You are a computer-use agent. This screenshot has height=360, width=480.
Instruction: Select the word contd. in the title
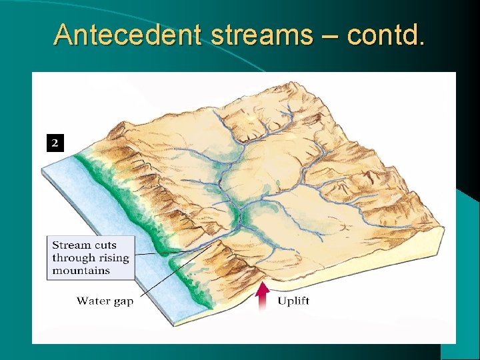pyautogui.click(x=385, y=34)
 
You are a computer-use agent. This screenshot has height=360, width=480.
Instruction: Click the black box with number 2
pyautogui.click(x=55, y=142)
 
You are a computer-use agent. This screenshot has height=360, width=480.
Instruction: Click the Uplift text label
pyautogui.click(x=293, y=301)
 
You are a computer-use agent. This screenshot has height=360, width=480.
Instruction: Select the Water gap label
pyautogui.click(x=105, y=301)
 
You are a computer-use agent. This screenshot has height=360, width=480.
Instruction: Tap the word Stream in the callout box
pyautogui.click(x=70, y=245)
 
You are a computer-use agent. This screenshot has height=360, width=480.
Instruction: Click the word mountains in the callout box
pyautogui.click(x=81, y=270)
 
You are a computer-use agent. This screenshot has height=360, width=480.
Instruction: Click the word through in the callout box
pyautogui.click(x=73, y=258)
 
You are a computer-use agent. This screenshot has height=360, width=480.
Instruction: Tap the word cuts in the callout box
pyautogui.click(x=103, y=245)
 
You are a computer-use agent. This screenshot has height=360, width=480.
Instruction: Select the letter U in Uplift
pyautogui.click(x=282, y=301)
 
